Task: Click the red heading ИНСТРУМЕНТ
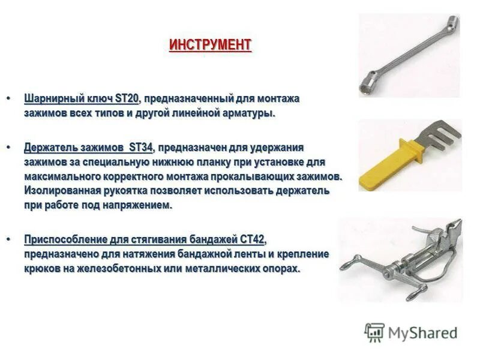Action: pyautogui.click(x=210, y=46)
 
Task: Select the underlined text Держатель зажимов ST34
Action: pyautogui.click(x=89, y=148)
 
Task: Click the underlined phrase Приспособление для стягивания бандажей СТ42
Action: pyautogui.click(x=144, y=239)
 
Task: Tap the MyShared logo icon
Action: pyautogui.click(x=374, y=332)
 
